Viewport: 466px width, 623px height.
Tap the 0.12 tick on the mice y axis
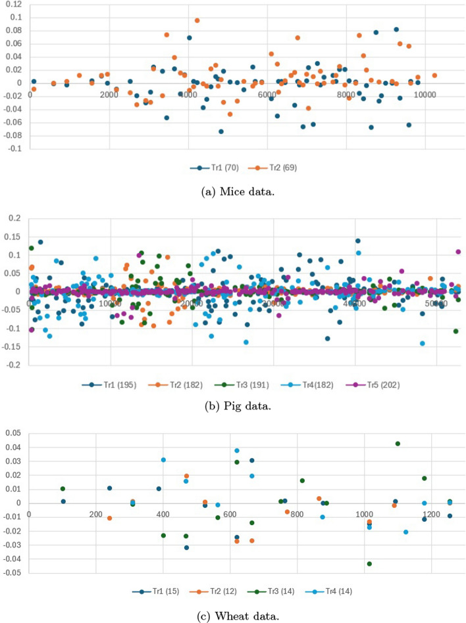tap(13, 4)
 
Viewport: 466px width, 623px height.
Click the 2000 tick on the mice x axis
tap(109, 95)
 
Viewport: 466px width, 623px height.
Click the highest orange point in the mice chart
tap(197, 20)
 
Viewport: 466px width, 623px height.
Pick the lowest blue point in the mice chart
tap(221, 131)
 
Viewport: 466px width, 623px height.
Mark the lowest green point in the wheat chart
tap(369, 564)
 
